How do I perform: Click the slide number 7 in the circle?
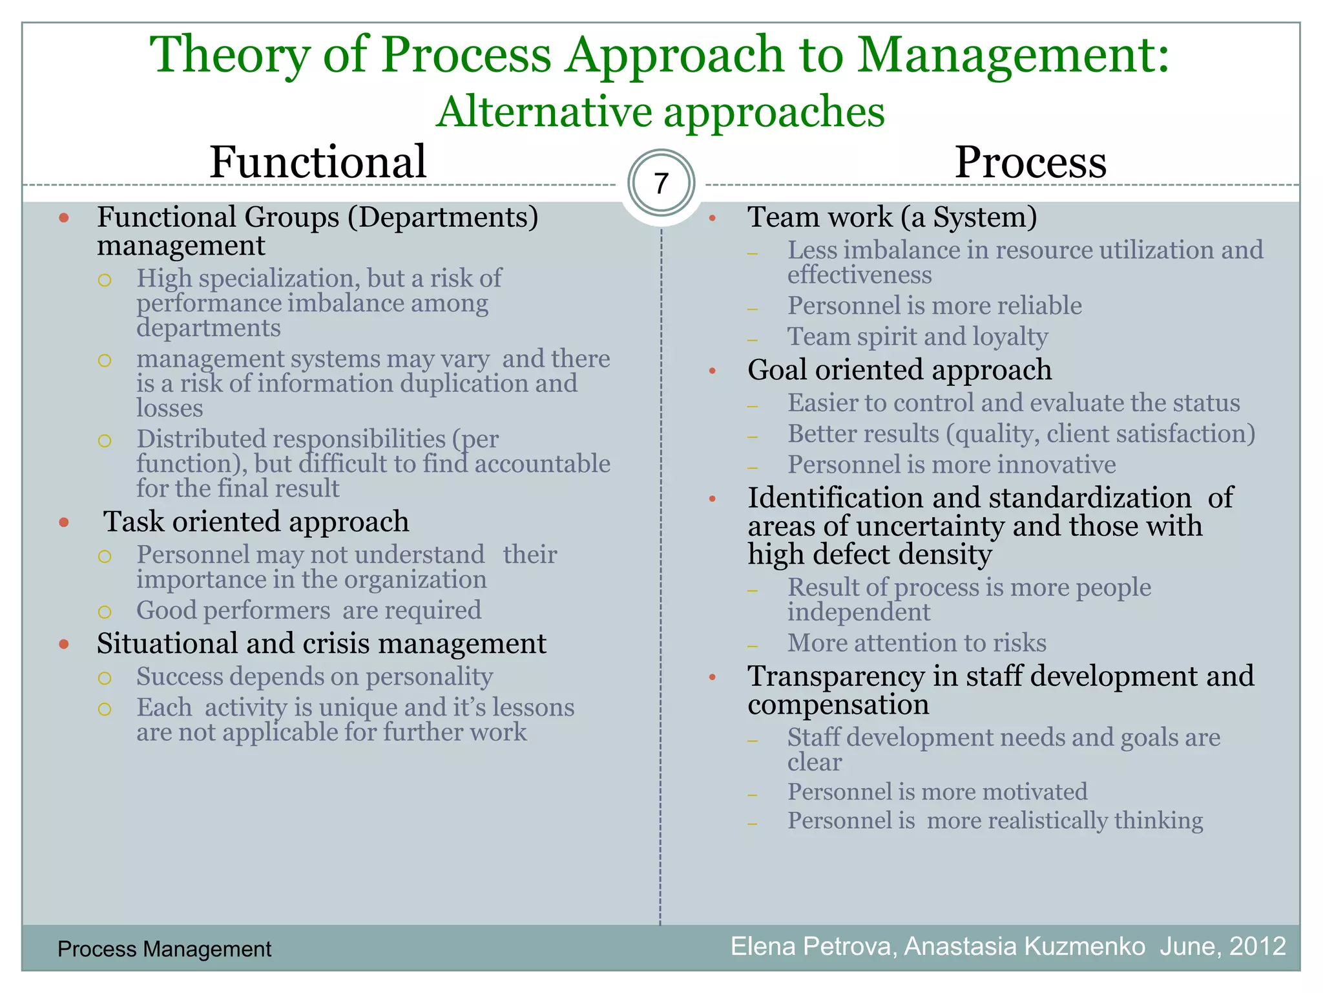tap(661, 184)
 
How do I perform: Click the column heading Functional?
tap(318, 162)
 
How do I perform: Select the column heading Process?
tap(1030, 162)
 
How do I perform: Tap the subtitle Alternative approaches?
tap(660, 112)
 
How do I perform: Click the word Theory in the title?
tap(231, 55)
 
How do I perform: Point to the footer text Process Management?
tap(164, 949)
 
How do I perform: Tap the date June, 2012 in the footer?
tap(1222, 946)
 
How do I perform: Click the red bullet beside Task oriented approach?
tap(64, 522)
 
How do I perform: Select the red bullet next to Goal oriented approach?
tap(713, 371)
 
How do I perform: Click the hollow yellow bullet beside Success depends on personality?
tap(105, 678)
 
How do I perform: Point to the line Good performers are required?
tap(308, 610)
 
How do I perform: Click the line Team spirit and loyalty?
tap(917, 337)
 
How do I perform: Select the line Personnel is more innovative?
tap(951, 465)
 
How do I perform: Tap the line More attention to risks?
tap(916, 643)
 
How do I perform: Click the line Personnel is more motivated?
tap(937, 792)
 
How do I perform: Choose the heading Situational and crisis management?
tap(321, 644)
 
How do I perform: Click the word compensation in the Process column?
tap(838, 705)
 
